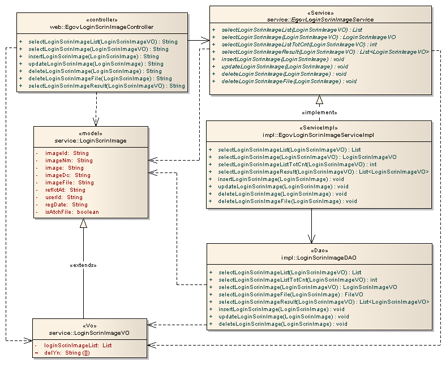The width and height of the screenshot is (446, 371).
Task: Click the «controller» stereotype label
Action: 102,20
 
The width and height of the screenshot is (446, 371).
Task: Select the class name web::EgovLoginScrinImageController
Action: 102,27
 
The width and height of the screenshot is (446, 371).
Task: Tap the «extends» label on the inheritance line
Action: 84,265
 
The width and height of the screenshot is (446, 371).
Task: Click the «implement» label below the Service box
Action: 320,112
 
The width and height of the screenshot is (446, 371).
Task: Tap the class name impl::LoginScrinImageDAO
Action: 319,257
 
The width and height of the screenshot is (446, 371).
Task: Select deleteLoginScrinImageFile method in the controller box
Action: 100,79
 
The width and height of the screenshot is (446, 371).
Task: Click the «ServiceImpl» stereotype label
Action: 319,127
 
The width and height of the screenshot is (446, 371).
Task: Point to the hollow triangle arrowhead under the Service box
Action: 319,101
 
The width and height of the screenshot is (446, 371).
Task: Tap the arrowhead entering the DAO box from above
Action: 311,239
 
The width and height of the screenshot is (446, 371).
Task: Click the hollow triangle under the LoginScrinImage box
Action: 84,223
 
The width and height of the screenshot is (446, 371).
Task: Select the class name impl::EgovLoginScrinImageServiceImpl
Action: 319,135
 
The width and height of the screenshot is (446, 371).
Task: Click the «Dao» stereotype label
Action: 319,250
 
